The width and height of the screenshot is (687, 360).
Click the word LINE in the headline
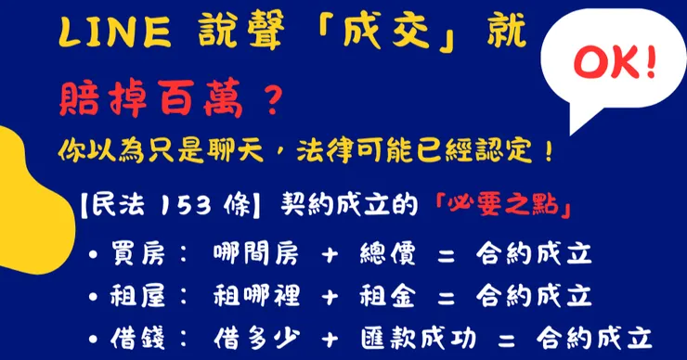click(115, 33)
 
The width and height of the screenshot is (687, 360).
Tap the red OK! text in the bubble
click(615, 63)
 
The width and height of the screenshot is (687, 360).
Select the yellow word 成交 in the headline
click(386, 32)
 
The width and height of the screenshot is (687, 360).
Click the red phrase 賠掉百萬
click(150, 98)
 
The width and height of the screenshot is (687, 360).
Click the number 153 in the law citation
click(186, 206)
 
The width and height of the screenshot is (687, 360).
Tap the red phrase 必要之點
click(503, 206)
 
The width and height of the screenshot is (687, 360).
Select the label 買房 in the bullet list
click(138, 254)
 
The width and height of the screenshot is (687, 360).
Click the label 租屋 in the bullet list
click(138, 296)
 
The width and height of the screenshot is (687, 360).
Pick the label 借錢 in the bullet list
click(138, 338)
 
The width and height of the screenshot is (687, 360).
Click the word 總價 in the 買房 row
click(387, 254)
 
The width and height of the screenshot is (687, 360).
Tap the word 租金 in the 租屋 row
click(387, 296)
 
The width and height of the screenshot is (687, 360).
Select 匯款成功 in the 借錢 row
click(419, 338)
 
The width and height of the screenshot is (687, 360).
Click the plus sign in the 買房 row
click(330, 255)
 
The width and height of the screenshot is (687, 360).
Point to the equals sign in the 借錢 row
click(507, 340)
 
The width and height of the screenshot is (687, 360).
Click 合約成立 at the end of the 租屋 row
click(534, 296)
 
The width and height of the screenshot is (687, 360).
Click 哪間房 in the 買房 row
click(256, 254)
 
